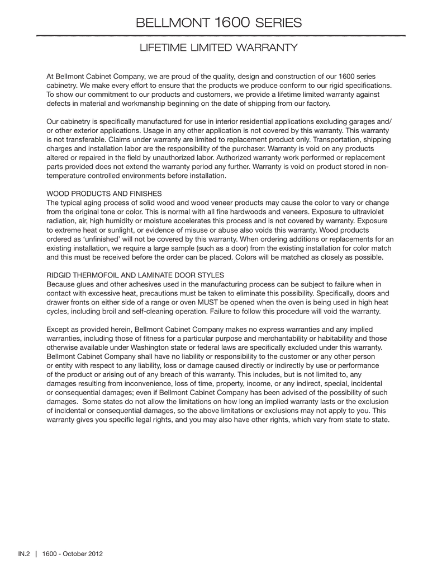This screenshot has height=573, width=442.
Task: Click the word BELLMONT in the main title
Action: point(173,23)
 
